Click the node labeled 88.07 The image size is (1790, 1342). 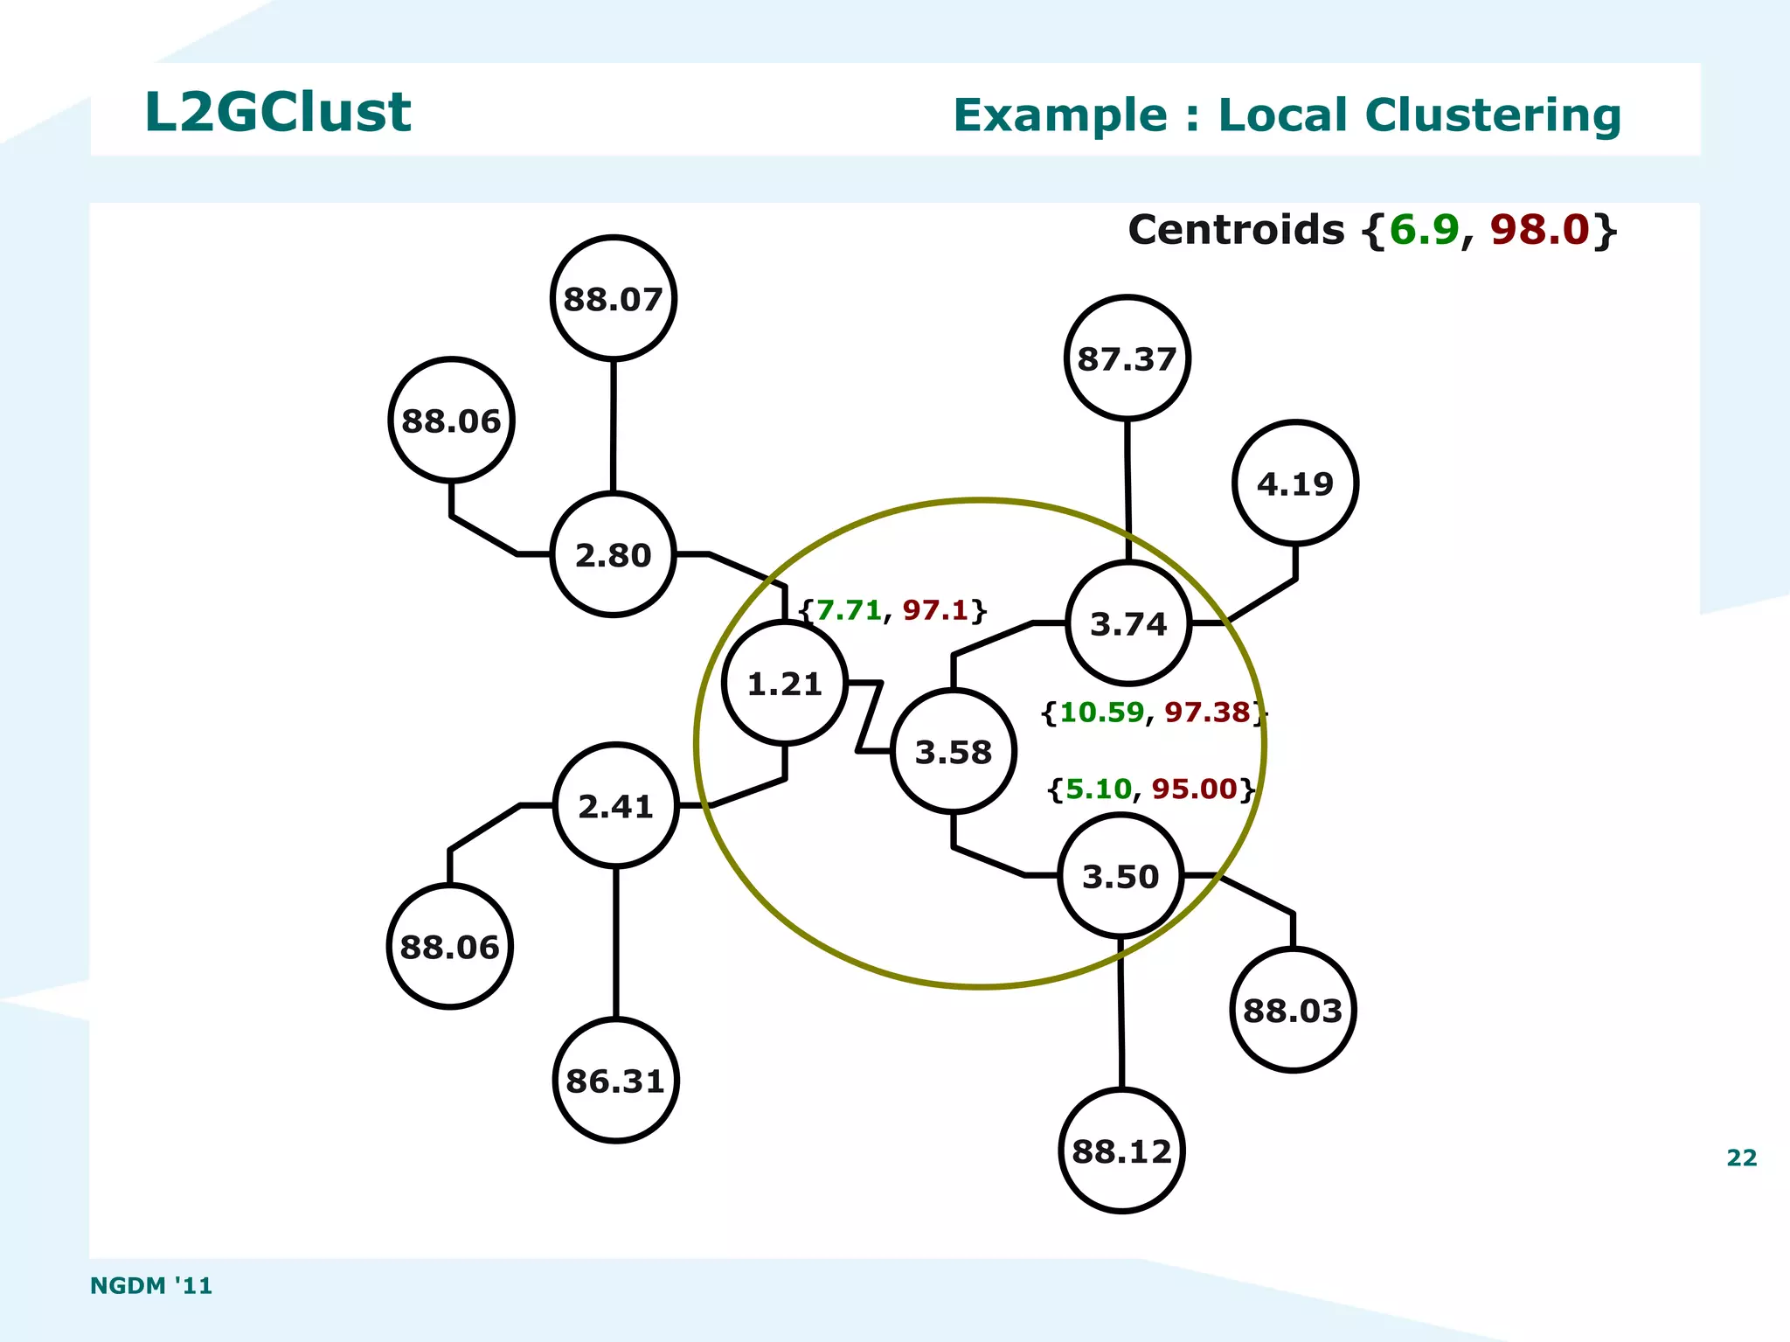(613, 298)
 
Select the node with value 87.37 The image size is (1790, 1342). (1127, 358)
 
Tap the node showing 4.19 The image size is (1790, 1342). (1294, 483)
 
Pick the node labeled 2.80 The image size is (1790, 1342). (613, 555)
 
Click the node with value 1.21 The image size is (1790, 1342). (784, 684)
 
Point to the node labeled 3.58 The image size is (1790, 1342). (953, 752)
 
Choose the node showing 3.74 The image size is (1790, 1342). (1127, 623)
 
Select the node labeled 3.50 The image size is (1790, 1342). (1120, 876)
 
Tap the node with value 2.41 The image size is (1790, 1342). (615, 805)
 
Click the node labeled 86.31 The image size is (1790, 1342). (615, 1081)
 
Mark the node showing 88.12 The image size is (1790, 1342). (1121, 1151)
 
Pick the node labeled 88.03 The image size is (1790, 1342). (1292, 1011)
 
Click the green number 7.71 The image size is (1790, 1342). (849, 610)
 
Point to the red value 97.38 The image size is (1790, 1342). (1207, 713)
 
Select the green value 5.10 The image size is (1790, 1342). (1098, 789)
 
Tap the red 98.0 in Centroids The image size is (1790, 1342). (1538, 230)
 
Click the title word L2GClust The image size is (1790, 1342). (277, 112)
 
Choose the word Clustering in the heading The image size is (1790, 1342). (1492, 115)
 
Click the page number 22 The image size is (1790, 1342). (1741, 1158)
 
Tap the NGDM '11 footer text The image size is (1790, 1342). (151, 1285)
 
